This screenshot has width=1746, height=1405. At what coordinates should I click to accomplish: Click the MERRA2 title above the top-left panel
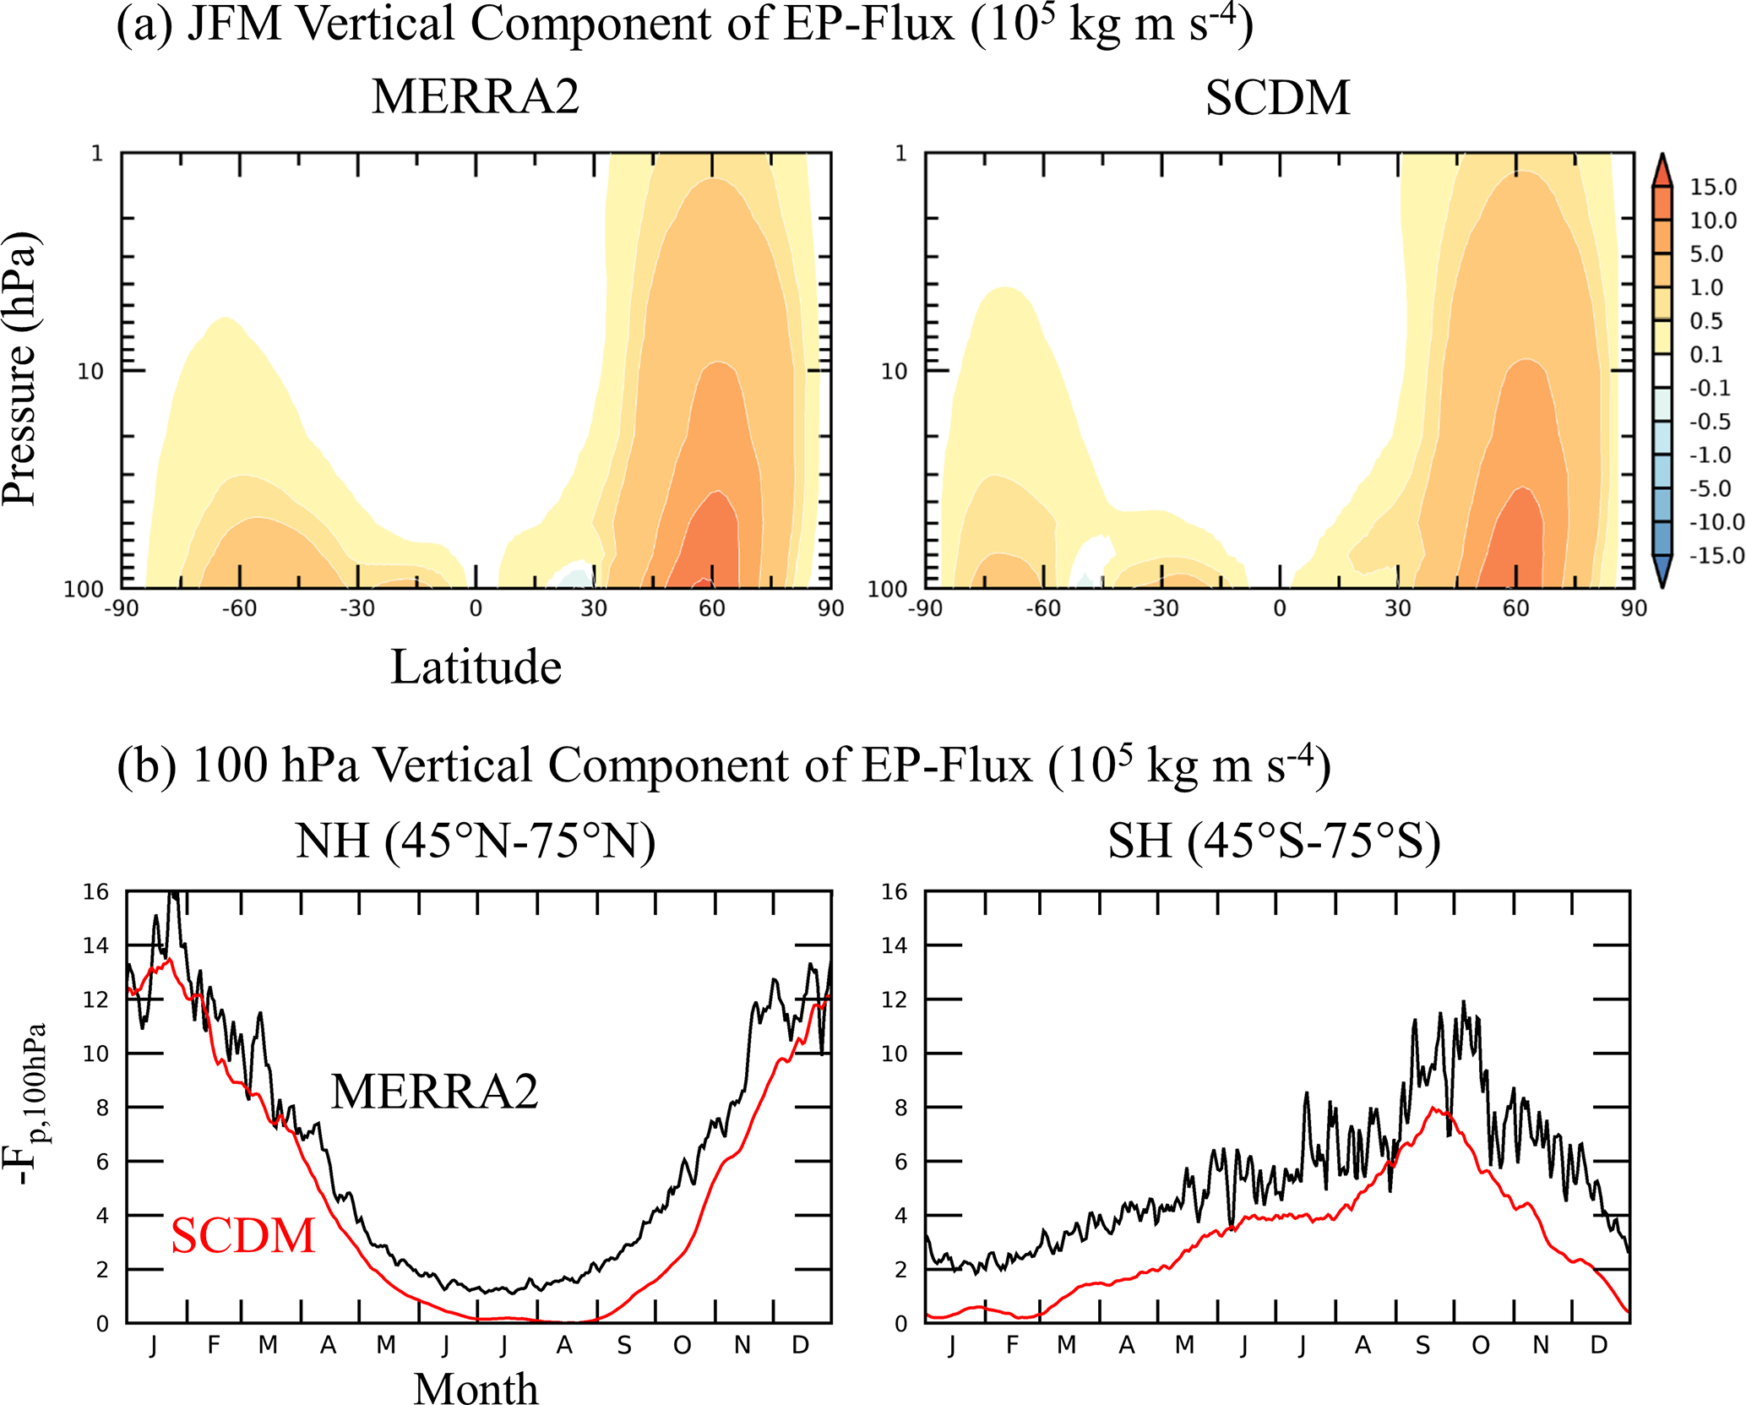(x=476, y=96)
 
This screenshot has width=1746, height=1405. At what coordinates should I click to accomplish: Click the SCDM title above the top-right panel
(x=1277, y=98)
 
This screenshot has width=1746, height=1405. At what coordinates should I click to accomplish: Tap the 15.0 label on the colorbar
(x=1712, y=187)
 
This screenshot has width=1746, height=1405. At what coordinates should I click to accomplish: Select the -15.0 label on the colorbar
(x=1716, y=555)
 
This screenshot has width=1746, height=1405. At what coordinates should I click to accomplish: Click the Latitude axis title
(x=476, y=667)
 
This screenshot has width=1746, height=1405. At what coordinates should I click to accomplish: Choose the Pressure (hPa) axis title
(x=20, y=368)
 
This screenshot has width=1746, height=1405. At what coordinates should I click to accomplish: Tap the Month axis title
(x=476, y=1388)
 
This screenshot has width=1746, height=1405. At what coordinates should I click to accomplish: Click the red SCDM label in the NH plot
(x=243, y=1235)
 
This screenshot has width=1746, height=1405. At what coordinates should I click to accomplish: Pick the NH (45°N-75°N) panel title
(x=476, y=841)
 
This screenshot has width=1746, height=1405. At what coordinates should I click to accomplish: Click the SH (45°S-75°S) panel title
(x=1274, y=841)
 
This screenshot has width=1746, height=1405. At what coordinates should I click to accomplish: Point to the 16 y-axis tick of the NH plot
(x=96, y=892)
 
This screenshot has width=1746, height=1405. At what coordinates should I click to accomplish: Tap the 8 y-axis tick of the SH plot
(x=900, y=1108)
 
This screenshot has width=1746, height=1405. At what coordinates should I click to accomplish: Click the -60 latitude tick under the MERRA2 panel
(x=238, y=608)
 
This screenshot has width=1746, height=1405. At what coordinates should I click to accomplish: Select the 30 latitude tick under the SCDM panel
(x=1397, y=608)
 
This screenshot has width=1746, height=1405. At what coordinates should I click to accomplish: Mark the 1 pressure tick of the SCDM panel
(x=901, y=154)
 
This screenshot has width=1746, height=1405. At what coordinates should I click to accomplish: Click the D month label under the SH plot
(x=1598, y=1345)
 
